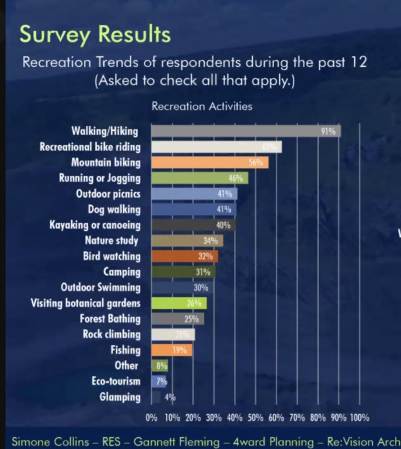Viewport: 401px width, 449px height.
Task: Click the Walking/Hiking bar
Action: coord(246,131)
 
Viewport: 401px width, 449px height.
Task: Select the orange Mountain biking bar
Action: coord(209,163)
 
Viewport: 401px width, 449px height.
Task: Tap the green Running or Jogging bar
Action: coord(199,178)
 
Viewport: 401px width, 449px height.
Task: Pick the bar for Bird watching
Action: coord(185,256)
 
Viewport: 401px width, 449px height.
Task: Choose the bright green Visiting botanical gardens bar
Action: coord(179,304)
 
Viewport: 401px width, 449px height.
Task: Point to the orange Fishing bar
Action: coord(171,350)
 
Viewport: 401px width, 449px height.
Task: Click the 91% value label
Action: coord(328,131)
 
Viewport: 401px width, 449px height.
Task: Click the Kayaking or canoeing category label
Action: coord(95,225)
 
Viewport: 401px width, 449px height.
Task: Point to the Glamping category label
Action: coord(120,397)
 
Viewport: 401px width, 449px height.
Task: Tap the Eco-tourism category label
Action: coord(116,381)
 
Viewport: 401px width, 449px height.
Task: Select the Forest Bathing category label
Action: coord(110,319)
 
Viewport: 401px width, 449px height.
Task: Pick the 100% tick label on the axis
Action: coord(359,418)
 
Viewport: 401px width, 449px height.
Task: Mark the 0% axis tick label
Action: coord(152,418)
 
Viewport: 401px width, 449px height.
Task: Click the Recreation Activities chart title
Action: coord(202,106)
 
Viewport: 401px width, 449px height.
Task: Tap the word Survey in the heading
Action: coord(53,35)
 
